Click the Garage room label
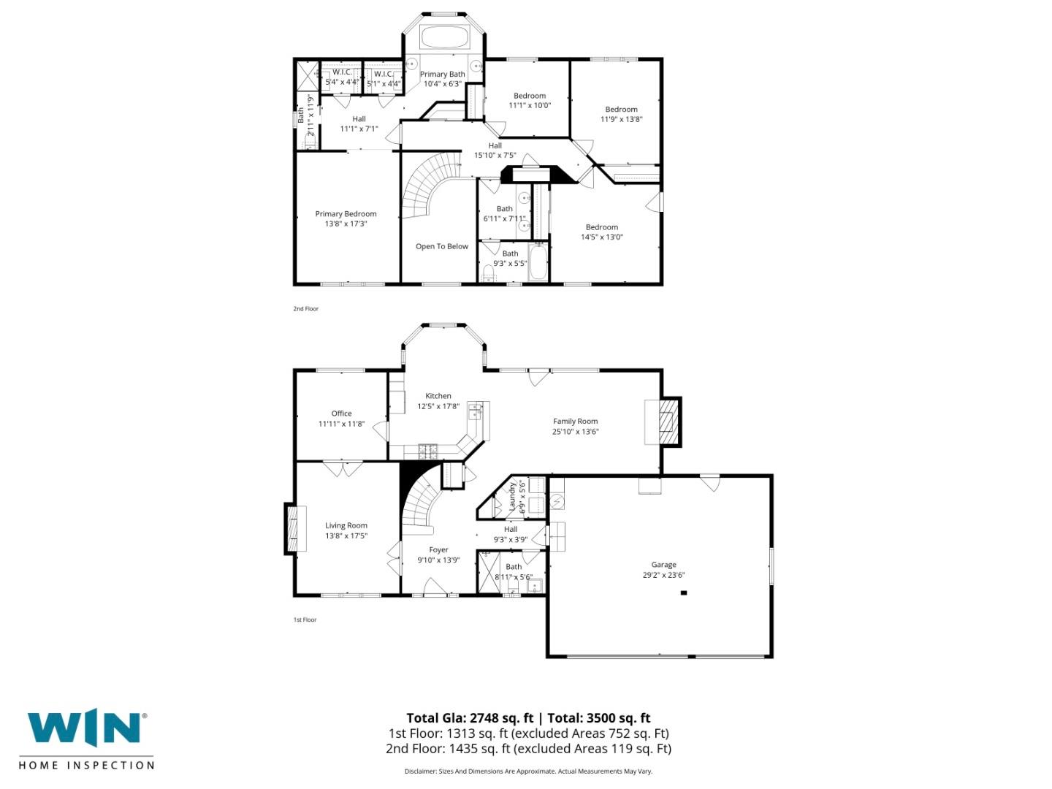[663, 565]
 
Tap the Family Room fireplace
[666, 422]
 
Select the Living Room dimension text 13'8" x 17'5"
[346, 536]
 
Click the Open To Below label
[441, 247]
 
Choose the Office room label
[341, 413]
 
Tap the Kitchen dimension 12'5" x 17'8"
[438, 406]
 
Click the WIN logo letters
[84, 728]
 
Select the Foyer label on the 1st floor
[438, 550]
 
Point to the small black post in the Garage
[684, 593]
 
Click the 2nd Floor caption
[306, 309]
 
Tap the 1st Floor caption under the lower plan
[305, 620]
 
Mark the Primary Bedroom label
[346, 214]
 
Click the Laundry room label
[513, 496]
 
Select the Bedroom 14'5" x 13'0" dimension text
[602, 237]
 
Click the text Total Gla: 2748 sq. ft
[470, 718]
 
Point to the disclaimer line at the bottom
[528, 771]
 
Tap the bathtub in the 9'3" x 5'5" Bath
[538, 264]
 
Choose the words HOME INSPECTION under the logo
[86, 766]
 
